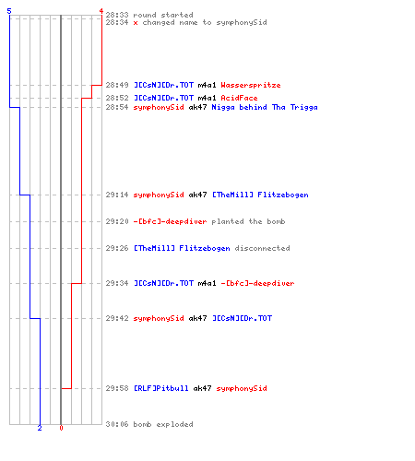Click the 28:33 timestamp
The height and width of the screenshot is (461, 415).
tap(117, 15)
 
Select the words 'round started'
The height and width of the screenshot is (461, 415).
tap(163, 15)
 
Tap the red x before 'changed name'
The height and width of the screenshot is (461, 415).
tap(136, 23)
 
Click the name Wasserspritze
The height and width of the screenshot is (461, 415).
tap(251, 85)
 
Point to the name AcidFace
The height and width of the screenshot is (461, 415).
tap(239, 98)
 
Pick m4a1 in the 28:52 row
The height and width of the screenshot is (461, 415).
tap(207, 98)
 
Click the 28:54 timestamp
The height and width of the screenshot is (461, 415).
tap(117, 107)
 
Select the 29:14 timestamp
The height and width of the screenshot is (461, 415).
tap(117, 195)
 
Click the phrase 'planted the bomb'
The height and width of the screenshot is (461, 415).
tap(248, 221)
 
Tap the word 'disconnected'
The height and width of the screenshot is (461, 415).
tap(262, 248)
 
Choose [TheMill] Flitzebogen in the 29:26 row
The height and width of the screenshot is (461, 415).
tap(182, 248)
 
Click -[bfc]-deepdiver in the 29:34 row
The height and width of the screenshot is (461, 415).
tap(257, 283)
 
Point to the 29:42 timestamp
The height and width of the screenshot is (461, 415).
tap(117, 318)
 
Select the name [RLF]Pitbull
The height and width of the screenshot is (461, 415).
tap(161, 388)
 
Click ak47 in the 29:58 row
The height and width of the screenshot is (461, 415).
tap(202, 388)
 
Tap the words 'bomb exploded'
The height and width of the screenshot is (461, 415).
tap(163, 424)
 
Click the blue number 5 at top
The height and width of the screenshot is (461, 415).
tap(9, 11)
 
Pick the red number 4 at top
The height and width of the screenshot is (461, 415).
tap(101, 11)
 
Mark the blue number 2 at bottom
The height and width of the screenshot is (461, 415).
tap(40, 428)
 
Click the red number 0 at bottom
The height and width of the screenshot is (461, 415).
tap(61, 428)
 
